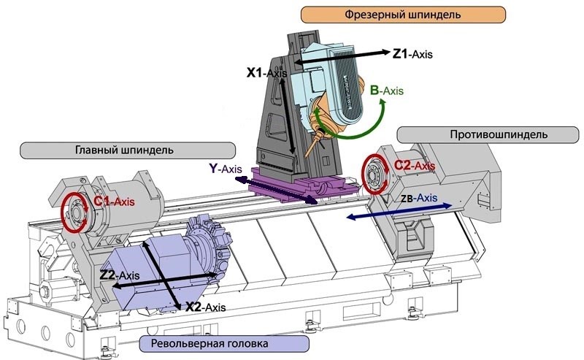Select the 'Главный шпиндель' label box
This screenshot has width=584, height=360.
(124, 150)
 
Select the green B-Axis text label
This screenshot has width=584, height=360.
(386, 91)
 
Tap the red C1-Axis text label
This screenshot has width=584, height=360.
(113, 202)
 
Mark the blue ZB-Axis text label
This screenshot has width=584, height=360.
(420, 197)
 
